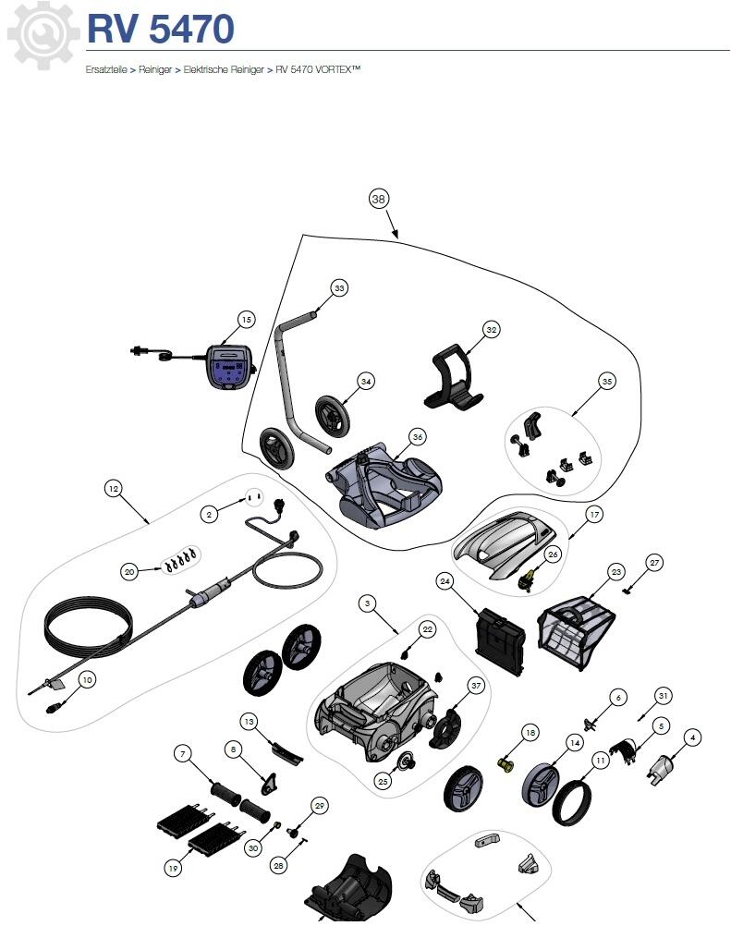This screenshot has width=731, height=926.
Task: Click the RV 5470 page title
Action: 160,30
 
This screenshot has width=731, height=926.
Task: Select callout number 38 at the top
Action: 378,199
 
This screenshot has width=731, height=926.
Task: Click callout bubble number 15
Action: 246,320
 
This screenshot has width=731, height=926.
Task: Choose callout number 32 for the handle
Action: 492,329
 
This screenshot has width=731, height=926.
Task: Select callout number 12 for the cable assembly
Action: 114,488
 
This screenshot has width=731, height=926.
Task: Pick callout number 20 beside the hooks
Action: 129,572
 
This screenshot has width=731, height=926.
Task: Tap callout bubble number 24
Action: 445,581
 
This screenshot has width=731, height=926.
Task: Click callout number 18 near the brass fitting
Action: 530,732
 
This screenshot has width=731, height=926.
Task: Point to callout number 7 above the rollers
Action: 183,754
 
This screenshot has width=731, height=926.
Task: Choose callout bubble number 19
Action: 173,868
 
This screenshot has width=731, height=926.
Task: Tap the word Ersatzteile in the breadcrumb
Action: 105,69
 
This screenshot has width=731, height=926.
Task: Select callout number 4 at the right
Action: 691,737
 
